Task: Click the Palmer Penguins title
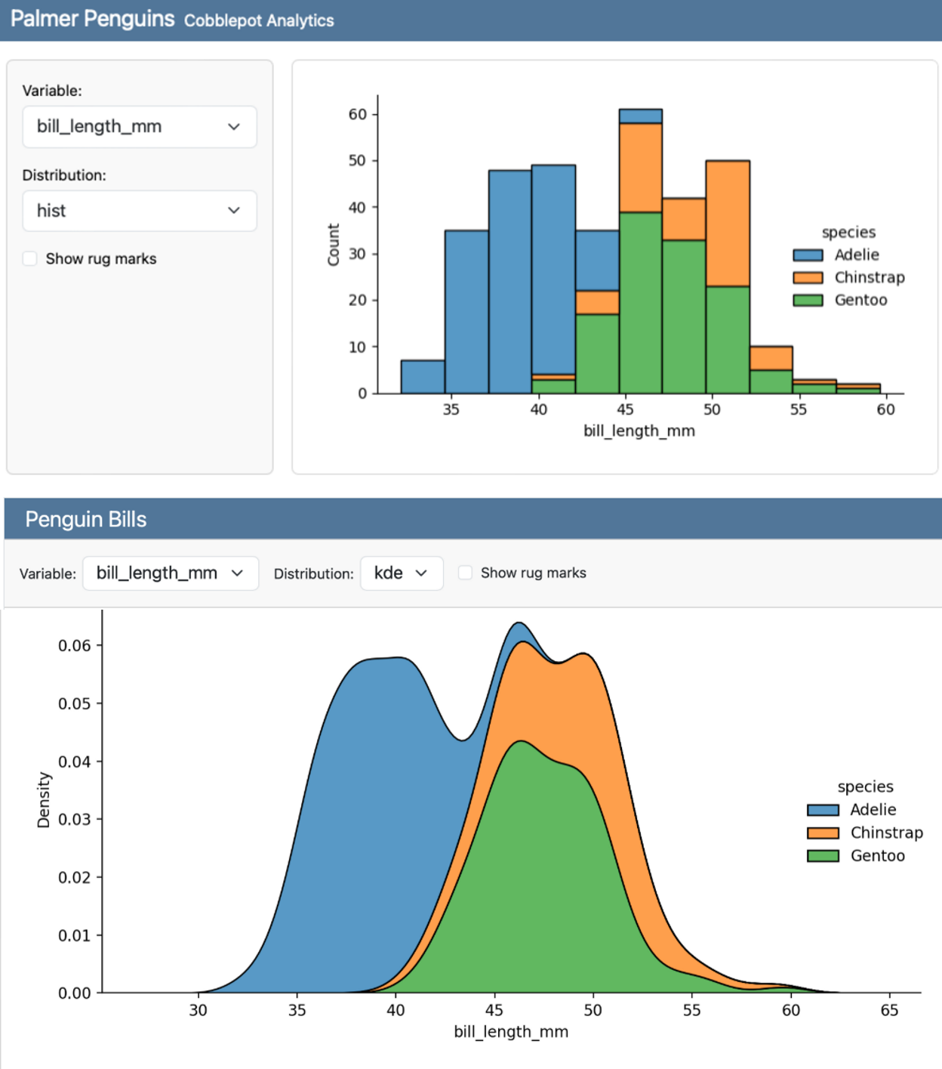(92, 19)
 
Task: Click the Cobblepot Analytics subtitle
(258, 20)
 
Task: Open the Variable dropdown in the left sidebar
(139, 127)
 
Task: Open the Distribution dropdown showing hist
(139, 211)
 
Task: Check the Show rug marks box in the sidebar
(30, 259)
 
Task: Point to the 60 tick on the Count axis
(357, 114)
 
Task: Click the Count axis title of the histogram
(333, 245)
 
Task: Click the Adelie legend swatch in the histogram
(807, 255)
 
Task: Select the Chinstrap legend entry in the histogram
(869, 277)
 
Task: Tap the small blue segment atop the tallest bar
(640, 116)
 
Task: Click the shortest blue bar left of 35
(423, 377)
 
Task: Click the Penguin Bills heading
(86, 520)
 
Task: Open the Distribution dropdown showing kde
(401, 573)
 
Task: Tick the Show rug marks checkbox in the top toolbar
(466, 573)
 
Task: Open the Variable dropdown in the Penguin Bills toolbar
(170, 573)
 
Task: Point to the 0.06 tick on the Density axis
(74, 646)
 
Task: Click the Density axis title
(44, 800)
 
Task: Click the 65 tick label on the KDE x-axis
(889, 1010)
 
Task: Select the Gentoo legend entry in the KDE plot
(877, 856)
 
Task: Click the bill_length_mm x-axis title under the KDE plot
(511, 1032)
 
